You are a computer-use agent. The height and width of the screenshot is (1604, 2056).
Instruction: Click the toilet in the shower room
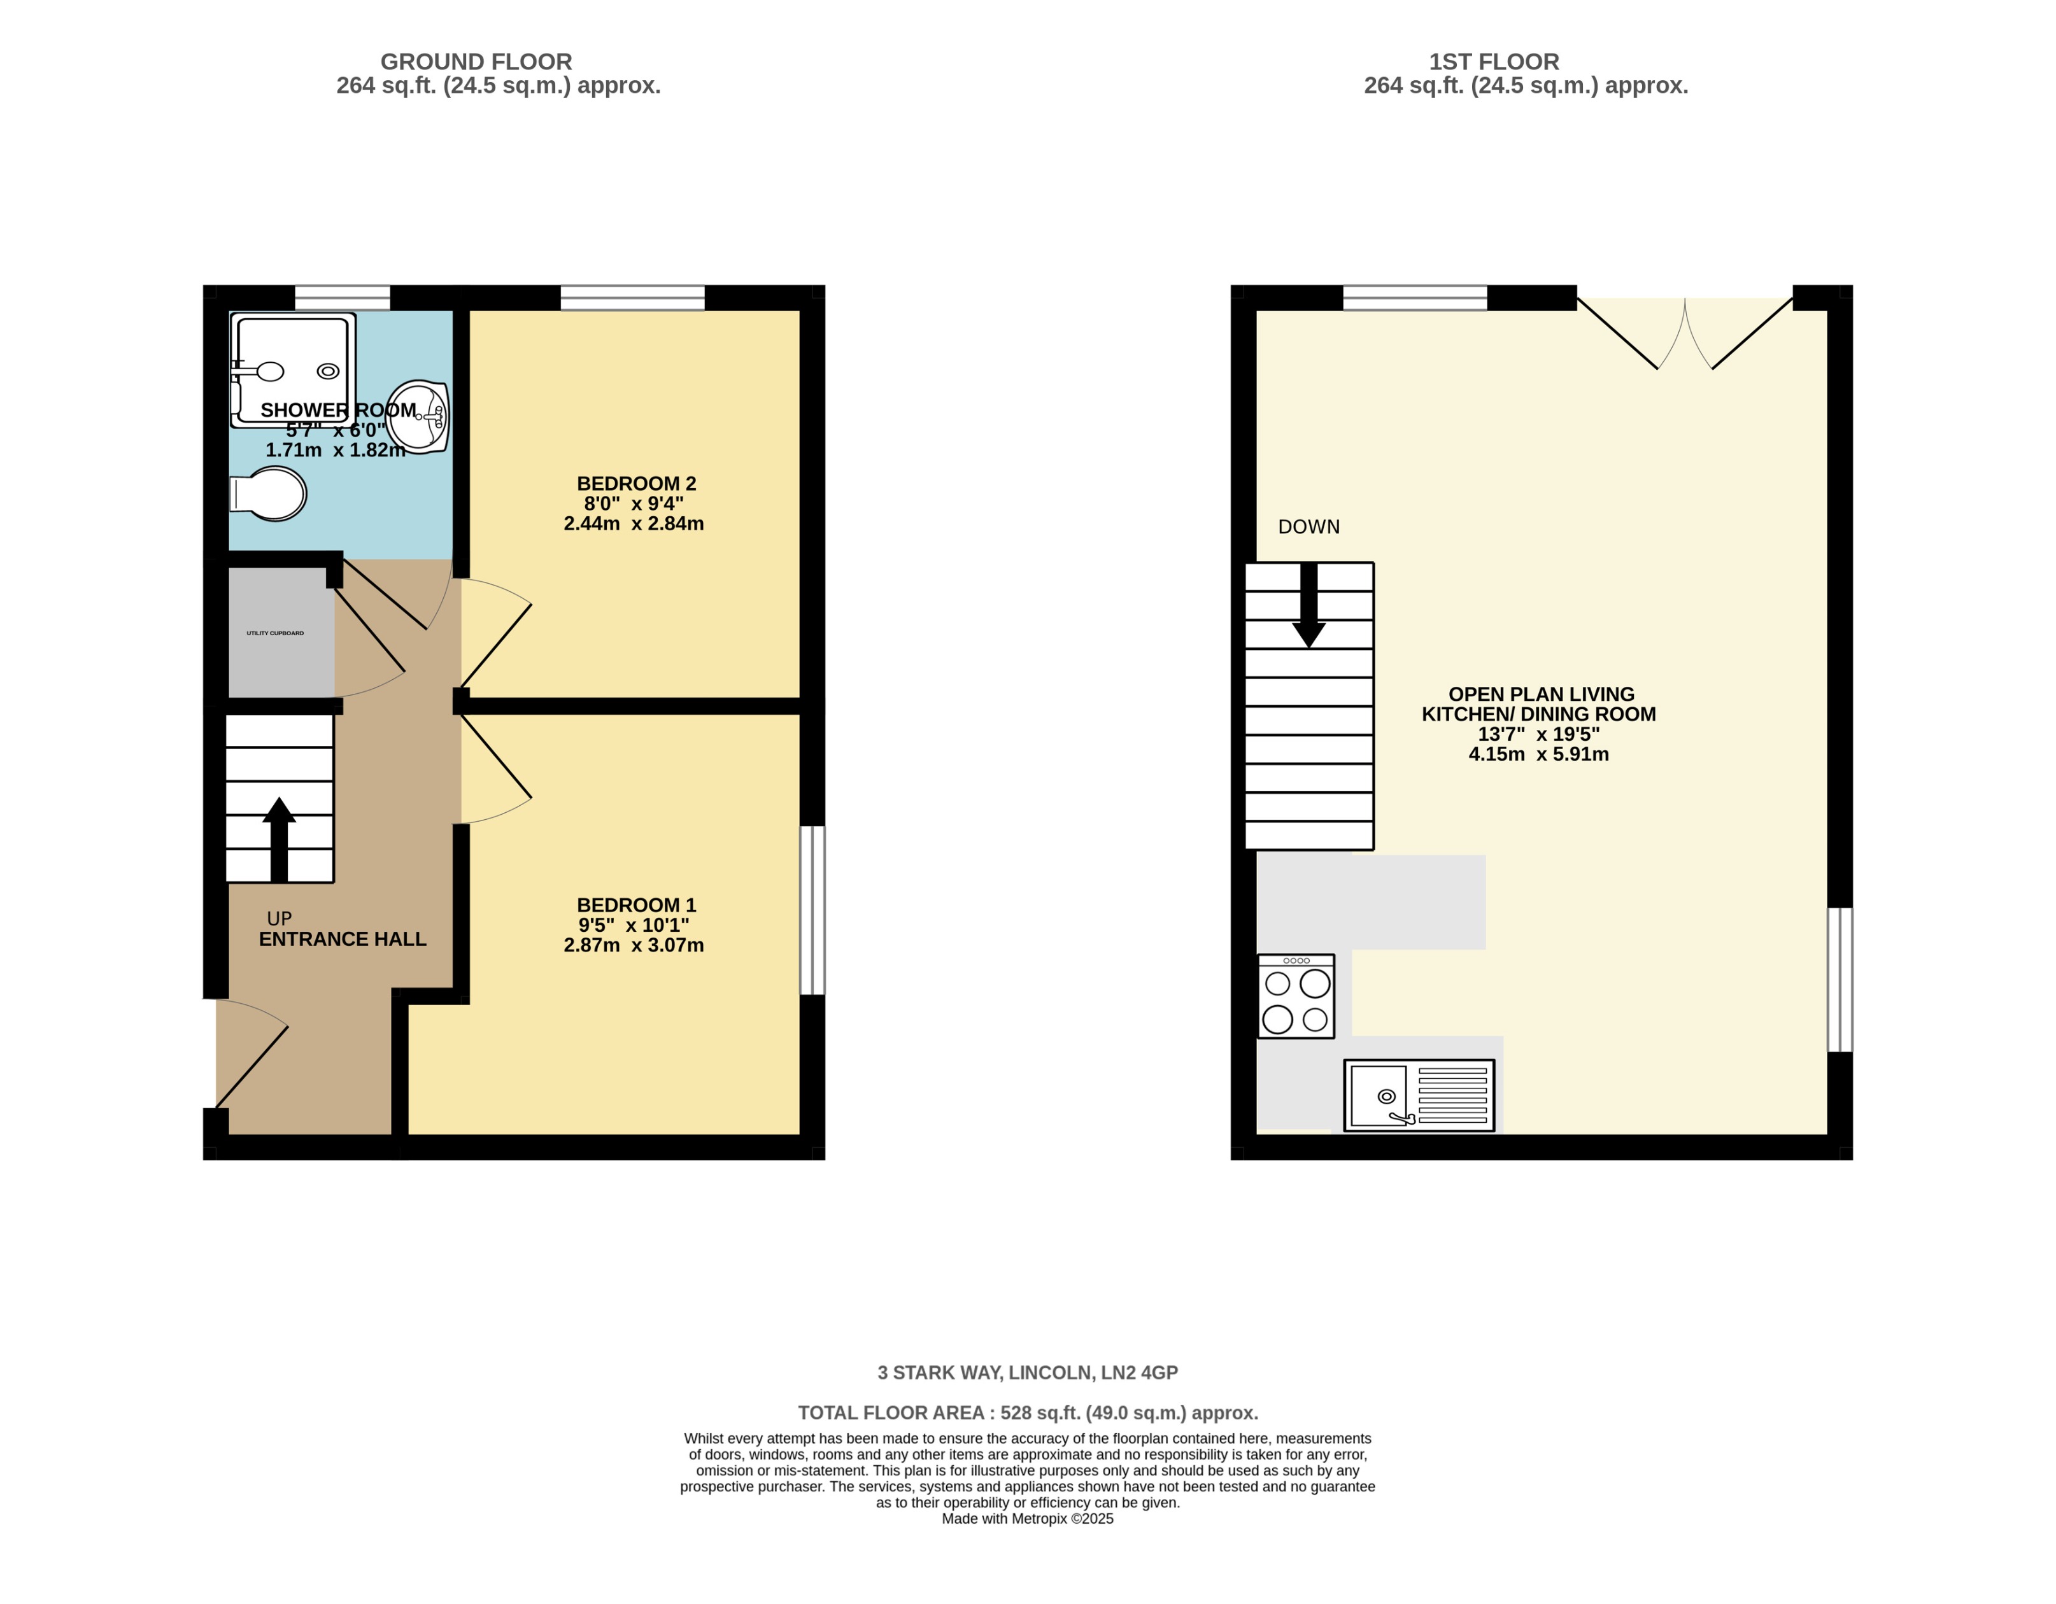270,493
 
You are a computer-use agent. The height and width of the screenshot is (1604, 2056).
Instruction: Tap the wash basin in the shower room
420,416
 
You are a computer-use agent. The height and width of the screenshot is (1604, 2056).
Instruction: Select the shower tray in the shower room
293,369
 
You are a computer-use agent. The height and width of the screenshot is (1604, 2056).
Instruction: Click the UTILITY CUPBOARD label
275,633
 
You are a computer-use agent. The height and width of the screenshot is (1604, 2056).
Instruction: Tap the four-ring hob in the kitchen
1296,997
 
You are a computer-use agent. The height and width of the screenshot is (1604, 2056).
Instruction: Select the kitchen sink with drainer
1419,1095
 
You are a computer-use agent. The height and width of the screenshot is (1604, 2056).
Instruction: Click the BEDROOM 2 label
636,484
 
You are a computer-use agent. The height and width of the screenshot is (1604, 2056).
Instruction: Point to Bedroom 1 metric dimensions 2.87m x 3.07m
634,945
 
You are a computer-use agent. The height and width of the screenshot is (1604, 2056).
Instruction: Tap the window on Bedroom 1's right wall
812,910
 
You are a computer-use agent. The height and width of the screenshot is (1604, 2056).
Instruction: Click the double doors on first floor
1684,334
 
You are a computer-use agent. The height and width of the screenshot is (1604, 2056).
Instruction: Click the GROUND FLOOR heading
476,62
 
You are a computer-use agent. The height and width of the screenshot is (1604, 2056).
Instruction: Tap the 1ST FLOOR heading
1494,62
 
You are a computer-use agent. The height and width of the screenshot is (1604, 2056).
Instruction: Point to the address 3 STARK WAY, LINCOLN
1027,1372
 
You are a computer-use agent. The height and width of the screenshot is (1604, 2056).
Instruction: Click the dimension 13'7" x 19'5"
1538,735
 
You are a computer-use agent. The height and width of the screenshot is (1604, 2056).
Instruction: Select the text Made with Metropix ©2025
1027,1518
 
